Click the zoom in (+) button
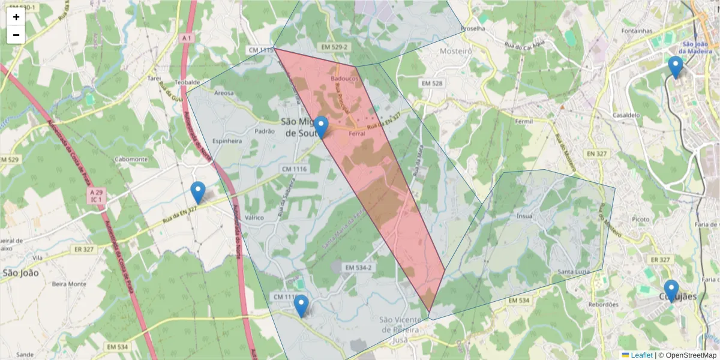(x=16, y=17)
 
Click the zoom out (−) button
(x=16, y=35)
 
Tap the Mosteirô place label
(x=456, y=52)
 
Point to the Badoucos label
(x=344, y=79)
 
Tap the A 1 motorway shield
(x=187, y=38)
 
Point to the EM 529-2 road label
(x=334, y=46)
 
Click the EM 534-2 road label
(x=358, y=267)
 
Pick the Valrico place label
(x=254, y=218)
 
